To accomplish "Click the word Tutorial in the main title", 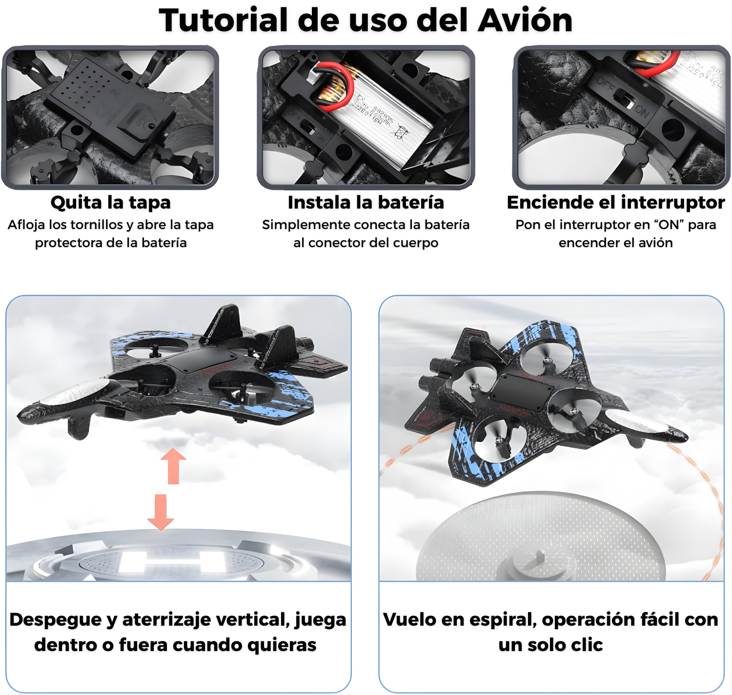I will [x=224, y=21].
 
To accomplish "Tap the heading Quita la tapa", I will [x=111, y=202].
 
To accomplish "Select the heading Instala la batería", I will [x=366, y=202].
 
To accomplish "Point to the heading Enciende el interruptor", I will [x=615, y=202].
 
